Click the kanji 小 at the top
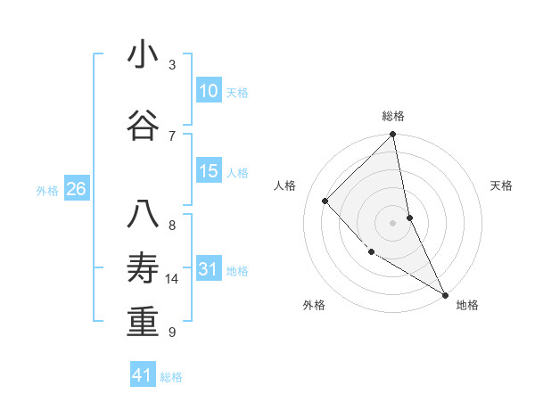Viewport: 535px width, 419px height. click(143, 55)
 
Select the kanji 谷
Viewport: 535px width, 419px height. click(143, 126)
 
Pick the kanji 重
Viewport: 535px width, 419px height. click(143, 322)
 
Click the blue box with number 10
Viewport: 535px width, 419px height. click(208, 91)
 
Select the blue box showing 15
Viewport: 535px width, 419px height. click(208, 171)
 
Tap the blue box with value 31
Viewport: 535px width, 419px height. click(208, 269)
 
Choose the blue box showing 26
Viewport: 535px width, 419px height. click(76, 188)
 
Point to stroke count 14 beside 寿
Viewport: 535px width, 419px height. click(173, 279)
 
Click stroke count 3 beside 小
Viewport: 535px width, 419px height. click(172, 65)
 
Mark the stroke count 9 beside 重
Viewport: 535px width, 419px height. click(172, 332)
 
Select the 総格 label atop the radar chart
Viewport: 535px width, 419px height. click(392, 116)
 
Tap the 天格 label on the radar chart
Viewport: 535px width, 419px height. click(501, 185)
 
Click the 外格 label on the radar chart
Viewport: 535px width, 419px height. click(314, 305)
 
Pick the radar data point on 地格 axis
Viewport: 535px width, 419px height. click(445, 294)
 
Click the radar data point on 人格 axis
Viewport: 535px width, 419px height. click(325, 201)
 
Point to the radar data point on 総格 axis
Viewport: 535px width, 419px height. click(392, 135)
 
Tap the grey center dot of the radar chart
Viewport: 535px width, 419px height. click(392, 222)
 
